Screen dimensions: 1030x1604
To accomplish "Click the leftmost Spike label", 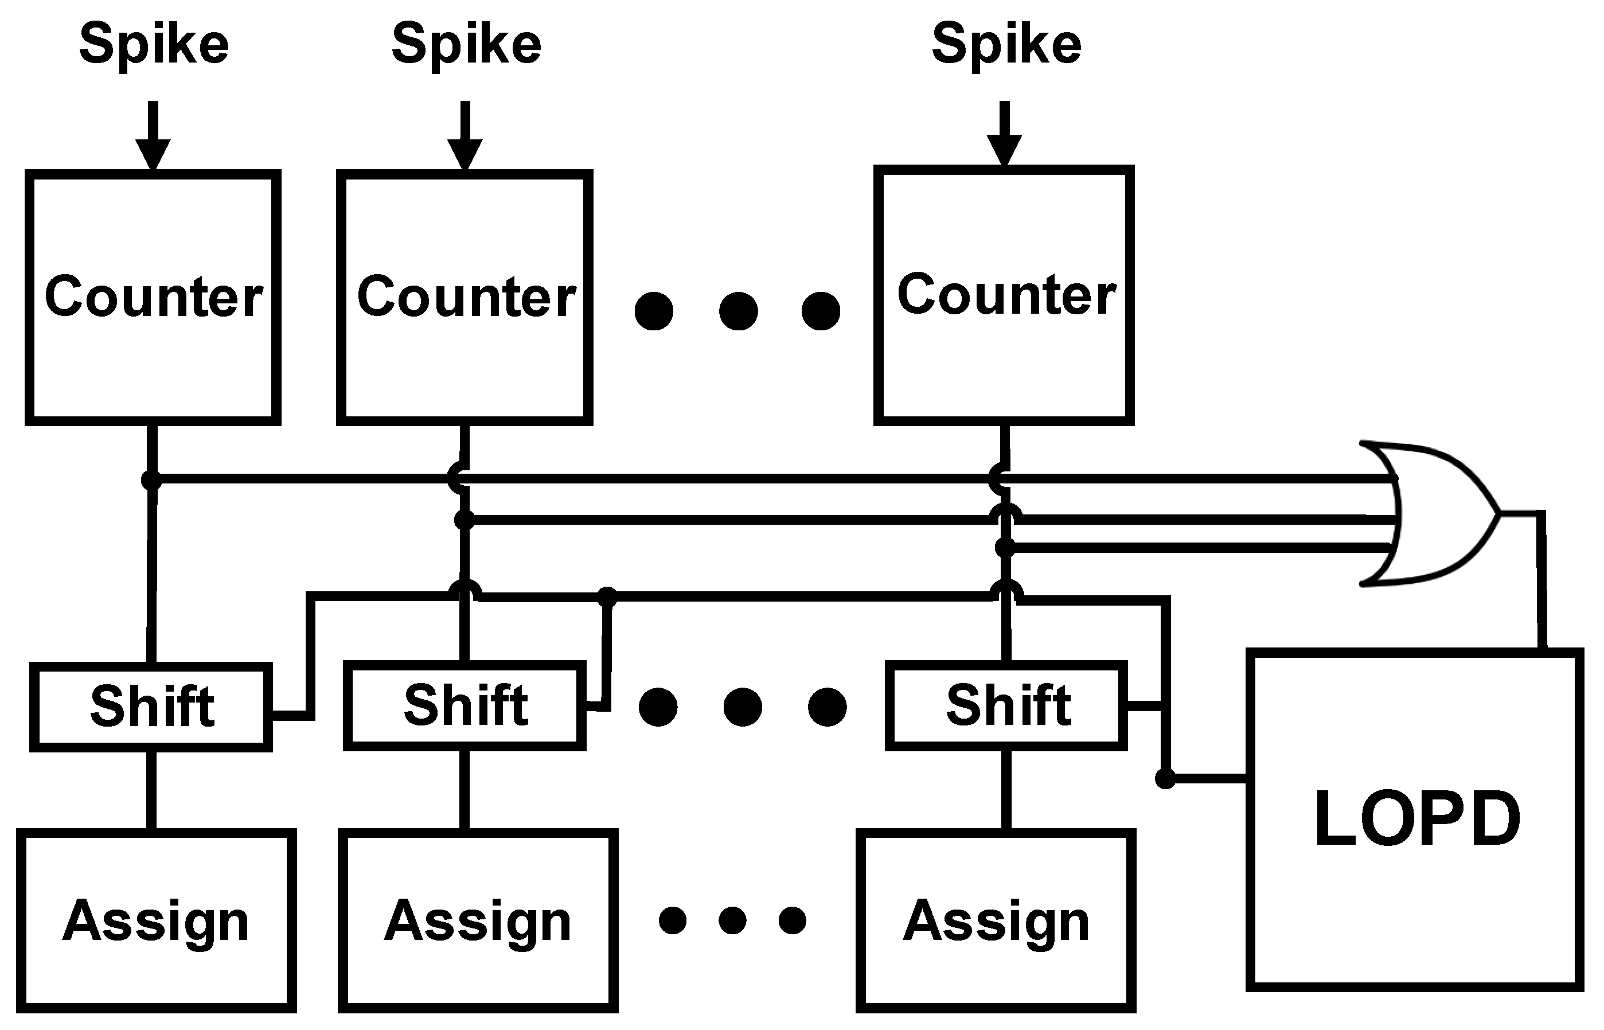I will [x=154, y=45].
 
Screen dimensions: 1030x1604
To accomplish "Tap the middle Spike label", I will [x=466, y=45].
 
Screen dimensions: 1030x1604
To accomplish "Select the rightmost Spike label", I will [x=1006, y=45].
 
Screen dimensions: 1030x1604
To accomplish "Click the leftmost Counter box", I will [x=153, y=297].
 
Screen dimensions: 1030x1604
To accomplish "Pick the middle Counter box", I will [x=465, y=297].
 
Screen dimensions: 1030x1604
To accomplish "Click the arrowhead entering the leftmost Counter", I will [x=153, y=155].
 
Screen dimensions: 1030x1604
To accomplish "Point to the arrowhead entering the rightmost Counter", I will [x=1004, y=150].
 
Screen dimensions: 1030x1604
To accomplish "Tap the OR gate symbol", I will [x=1431, y=514].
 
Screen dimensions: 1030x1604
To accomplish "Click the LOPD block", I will [x=1414, y=820].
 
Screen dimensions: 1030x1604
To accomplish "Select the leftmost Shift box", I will [x=151, y=707].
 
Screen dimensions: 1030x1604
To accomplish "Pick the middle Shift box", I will [x=465, y=705].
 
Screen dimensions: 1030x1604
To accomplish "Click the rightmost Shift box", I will [x=1006, y=705].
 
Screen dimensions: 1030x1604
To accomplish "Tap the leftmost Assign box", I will [x=156, y=921].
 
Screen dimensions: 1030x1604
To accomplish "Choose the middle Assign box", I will [x=478, y=921].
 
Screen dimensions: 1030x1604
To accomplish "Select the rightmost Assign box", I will [x=996, y=921].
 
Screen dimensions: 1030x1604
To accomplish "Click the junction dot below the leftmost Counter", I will [x=152, y=479].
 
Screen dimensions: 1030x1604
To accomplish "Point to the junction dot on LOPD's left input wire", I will [x=1165, y=778].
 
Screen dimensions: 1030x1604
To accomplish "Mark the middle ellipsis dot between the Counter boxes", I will [x=738, y=311].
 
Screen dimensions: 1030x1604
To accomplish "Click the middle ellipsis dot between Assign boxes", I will [x=732, y=921].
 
